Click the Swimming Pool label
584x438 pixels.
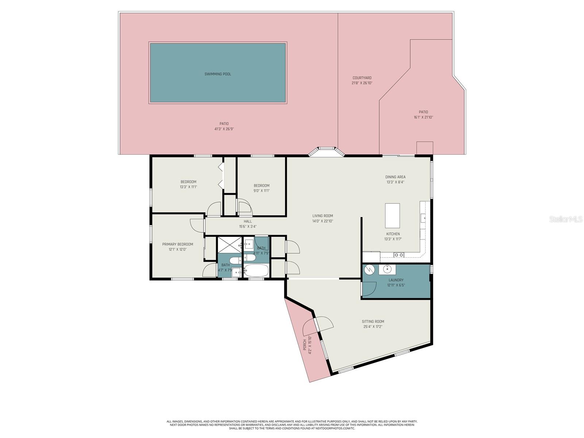[218, 74]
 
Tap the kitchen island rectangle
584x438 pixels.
[392, 215]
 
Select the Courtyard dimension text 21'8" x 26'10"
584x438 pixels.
[362, 83]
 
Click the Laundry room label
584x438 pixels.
[396, 280]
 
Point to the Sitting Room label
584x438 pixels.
[373, 322]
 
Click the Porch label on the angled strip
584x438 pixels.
[305, 345]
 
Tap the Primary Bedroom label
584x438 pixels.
[177, 244]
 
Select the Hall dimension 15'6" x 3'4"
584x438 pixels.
[248, 226]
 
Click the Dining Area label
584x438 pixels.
[395, 177]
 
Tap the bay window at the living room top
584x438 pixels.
[326, 151]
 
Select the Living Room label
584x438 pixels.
[323, 216]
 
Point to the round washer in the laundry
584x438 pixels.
[369, 269]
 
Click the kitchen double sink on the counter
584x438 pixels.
[399, 255]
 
